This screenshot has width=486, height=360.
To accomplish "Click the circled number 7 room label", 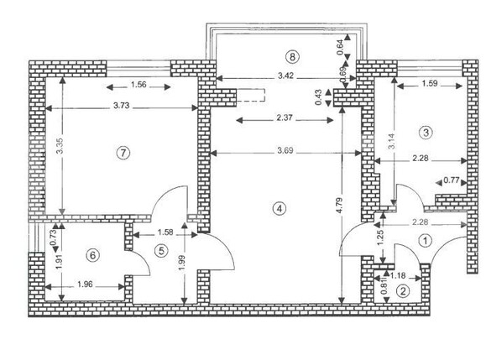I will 123,153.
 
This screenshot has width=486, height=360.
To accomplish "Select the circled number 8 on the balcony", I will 291,57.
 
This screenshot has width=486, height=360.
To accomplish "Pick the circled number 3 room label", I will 426,132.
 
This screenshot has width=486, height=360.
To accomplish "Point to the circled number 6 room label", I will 94,255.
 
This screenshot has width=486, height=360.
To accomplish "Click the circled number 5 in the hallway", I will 161,249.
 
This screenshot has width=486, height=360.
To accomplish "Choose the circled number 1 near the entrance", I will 425,240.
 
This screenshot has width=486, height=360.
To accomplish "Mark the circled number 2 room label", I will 403,291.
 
